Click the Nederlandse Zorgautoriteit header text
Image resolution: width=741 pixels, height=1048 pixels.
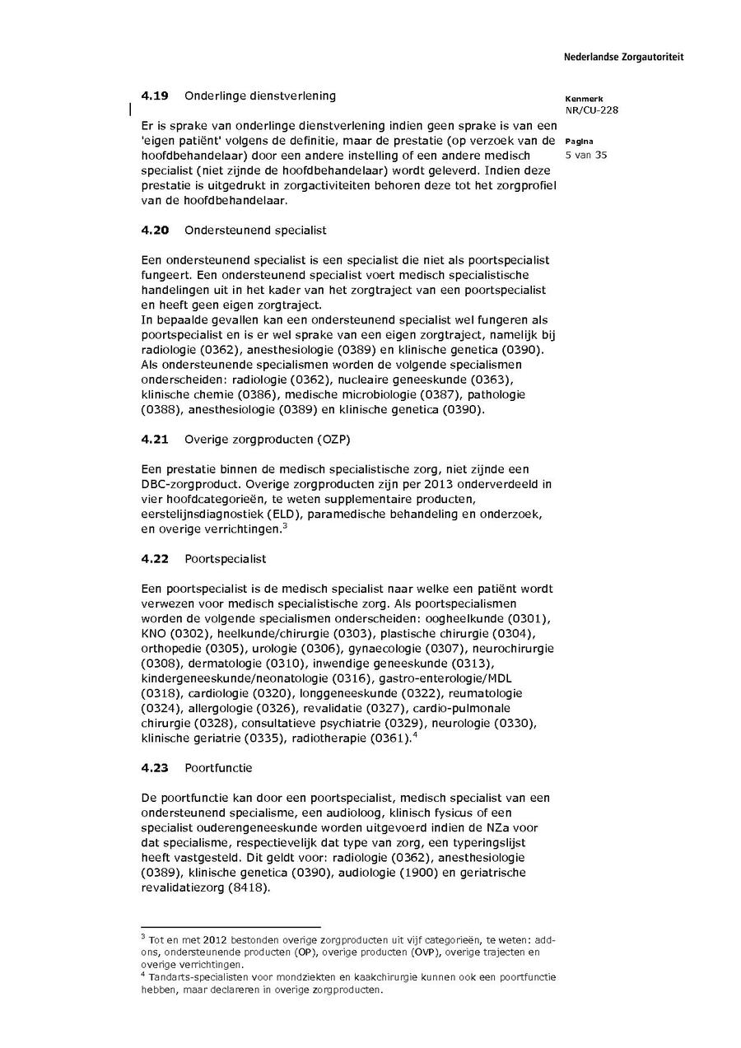click(623, 57)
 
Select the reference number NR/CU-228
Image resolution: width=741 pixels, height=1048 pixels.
click(591, 110)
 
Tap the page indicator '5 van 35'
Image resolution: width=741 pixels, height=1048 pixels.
click(586, 155)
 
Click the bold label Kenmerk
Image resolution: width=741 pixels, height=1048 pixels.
click(584, 99)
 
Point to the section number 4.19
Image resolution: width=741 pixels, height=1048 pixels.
click(155, 95)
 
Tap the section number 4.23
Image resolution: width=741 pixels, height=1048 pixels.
click(155, 767)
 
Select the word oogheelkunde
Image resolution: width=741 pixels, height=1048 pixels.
click(476, 617)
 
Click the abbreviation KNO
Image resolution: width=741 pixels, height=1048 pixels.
click(154, 633)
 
